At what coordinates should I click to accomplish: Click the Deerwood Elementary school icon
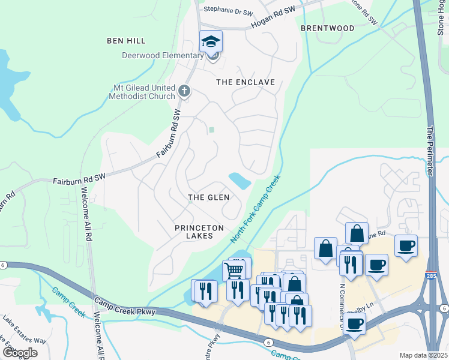211,41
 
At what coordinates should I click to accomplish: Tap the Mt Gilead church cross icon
184,92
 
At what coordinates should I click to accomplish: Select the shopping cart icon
234,270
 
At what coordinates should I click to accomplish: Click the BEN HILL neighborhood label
126,41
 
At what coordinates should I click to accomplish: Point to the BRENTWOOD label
327,28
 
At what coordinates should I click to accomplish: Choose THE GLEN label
208,197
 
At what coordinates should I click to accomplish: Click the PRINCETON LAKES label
199,232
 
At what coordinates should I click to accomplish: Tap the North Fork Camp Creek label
256,209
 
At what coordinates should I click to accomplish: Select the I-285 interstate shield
431,277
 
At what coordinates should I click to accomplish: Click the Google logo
20,352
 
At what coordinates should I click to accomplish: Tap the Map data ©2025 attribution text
423,355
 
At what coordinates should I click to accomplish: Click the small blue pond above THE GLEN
240,180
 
